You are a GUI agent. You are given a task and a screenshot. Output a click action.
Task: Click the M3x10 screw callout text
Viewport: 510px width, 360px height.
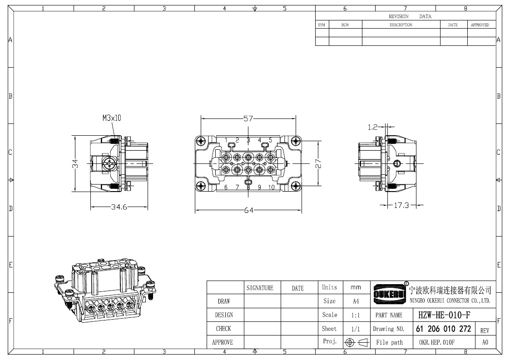click(x=112, y=118)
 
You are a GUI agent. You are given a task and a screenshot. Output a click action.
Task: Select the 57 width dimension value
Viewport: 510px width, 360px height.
click(x=248, y=118)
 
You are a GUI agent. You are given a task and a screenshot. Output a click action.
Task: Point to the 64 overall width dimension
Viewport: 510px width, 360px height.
click(x=248, y=210)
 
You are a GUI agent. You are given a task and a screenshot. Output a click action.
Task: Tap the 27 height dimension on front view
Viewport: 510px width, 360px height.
click(x=318, y=163)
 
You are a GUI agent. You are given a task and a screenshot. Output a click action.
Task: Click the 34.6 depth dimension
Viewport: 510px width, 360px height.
click(x=119, y=207)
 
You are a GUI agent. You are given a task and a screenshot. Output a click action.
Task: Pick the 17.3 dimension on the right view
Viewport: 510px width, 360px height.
click(x=401, y=205)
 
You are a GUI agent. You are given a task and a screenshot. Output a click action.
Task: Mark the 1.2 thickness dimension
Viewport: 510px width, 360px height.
click(x=373, y=127)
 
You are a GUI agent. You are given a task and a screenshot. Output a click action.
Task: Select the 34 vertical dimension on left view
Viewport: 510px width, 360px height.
click(x=75, y=163)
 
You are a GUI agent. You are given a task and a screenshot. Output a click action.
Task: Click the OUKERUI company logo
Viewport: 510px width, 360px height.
click(x=390, y=294)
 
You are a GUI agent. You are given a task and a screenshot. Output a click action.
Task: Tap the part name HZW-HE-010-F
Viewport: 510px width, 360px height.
click(x=444, y=315)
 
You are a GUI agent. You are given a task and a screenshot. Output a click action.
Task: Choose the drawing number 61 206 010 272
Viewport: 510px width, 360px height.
click(x=443, y=329)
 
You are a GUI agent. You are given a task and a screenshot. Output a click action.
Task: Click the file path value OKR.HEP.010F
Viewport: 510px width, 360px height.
click(x=437, y=342)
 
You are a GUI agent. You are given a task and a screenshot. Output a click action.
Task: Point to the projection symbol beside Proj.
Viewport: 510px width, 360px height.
click(x=357, y=342)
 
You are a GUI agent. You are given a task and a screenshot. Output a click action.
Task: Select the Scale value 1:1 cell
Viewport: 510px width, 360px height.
click(x=356, y=315)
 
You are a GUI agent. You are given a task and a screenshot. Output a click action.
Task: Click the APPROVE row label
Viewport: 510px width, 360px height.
click(x=223, y=342)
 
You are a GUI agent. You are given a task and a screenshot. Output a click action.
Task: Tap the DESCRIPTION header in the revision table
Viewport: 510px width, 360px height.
click(x=401, y=25)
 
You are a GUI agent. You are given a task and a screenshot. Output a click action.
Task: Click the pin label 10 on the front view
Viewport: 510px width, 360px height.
click(x=272, y=187)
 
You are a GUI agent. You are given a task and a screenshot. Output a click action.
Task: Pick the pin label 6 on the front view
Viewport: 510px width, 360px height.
click(x=226, y=187)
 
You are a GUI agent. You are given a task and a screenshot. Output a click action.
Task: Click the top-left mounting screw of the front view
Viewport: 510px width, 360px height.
click(x=201, y=141)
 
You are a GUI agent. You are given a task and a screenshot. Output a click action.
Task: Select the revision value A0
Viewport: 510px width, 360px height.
click(x=485, y=342)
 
